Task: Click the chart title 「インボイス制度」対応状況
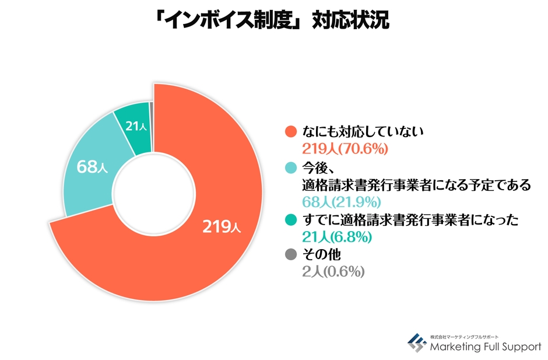coord(274,22)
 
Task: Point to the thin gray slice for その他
coord(152,106)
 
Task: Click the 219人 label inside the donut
coord(221,228)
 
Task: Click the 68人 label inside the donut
coord(92,167)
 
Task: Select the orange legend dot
coord(290,132)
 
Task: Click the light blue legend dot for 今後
coord(290,169)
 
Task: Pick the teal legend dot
coord(290,221)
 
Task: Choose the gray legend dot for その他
coord(290,255)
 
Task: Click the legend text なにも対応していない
coord(361,132)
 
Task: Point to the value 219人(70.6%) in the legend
coord(345,149)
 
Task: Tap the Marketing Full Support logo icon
coord(416,342)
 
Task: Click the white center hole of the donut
coord(153,192)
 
